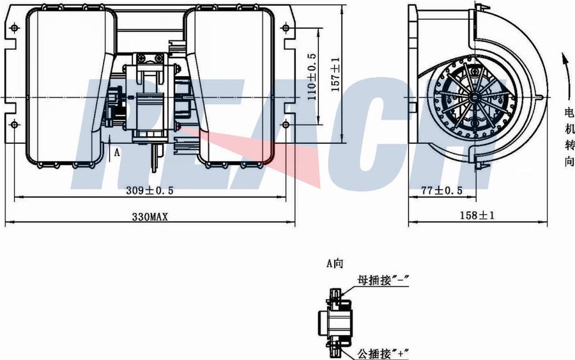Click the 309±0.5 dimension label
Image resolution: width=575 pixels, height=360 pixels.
pyautogui.click(x=149, y=191)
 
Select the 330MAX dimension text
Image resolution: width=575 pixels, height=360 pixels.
pyautogui.click(x=149, y=217)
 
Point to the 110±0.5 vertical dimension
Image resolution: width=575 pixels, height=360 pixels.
pyautogui.click(x=312, y=77)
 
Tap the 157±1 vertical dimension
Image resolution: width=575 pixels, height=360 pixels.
pyautogui.click(x=335, y=75)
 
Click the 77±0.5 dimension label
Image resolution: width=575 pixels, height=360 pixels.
pyautogui.click(x=441, y=191)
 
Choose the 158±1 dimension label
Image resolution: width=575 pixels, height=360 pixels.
pyautogui.click(x=477, y=215)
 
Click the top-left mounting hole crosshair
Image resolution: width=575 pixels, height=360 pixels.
pyautogui.click(x=14, y=28)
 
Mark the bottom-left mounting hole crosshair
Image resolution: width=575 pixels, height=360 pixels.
pyautogui.click(x=14, y=125)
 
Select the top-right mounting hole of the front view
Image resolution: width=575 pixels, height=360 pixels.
pyautogui.click(x=286, y=28)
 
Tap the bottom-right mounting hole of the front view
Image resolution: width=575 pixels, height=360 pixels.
pyautogui.click(x=286, y=125)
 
